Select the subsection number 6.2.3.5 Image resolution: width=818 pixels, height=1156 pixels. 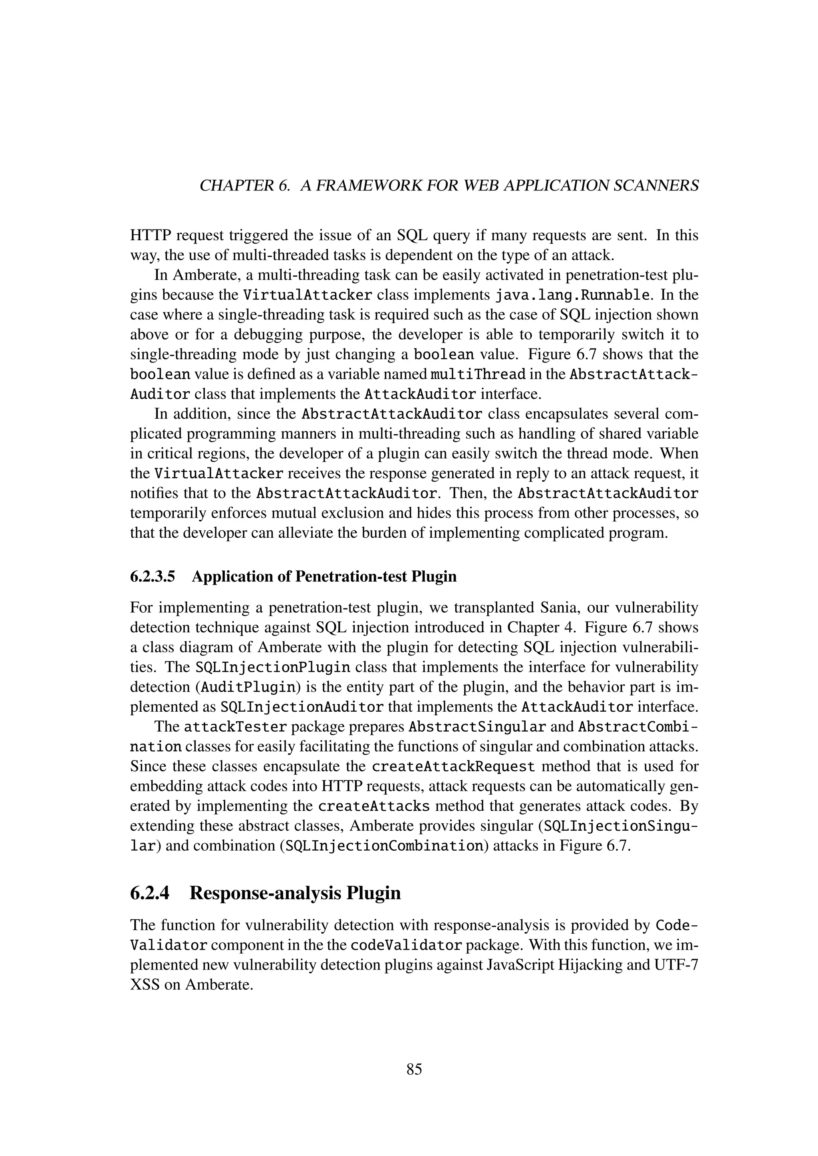coord(152,576)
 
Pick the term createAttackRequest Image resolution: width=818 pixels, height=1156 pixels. coord(453,767)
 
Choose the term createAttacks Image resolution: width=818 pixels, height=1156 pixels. coord(374,807)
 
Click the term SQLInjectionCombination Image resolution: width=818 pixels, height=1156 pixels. coord(384,846)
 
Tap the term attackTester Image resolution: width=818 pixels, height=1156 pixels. coord(235,728)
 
